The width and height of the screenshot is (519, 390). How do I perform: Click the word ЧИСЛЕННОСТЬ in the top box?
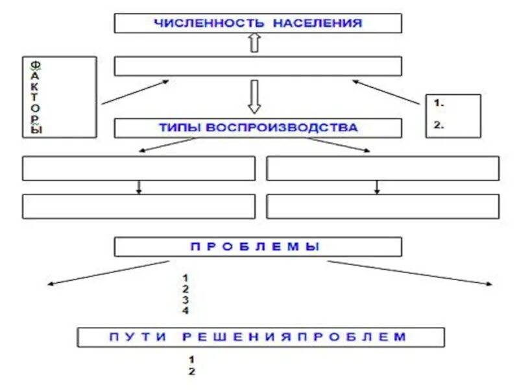209,23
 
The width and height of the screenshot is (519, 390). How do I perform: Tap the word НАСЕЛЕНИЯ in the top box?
317,23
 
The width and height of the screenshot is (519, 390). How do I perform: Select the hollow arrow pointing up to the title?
254,44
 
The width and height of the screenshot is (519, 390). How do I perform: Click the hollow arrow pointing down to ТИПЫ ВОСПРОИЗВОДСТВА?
254,96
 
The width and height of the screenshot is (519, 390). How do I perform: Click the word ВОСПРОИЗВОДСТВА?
282,127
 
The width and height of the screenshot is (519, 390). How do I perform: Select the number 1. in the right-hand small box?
439,103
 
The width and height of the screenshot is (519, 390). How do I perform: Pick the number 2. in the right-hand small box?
439,126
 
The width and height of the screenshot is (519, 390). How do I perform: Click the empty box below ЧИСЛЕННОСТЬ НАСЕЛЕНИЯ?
258,66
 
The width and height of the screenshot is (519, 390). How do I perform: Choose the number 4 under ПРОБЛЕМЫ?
186,311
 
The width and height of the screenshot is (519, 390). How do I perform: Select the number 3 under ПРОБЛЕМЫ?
186,300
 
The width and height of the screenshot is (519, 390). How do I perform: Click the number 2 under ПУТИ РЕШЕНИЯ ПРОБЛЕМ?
191,372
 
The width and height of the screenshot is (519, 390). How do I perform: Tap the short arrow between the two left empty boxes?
138,187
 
